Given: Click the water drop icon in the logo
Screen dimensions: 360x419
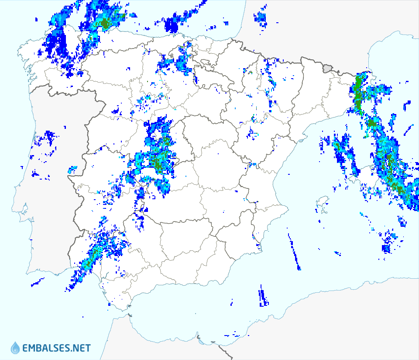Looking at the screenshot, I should click(15, 348).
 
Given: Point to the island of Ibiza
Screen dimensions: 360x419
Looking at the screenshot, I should click(323, 202).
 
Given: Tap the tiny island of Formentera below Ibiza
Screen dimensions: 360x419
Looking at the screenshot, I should click(324, 212).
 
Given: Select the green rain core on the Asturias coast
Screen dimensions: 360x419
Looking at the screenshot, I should click(105, 22).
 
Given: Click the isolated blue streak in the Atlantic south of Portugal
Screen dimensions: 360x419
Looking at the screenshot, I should click(37, 282).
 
